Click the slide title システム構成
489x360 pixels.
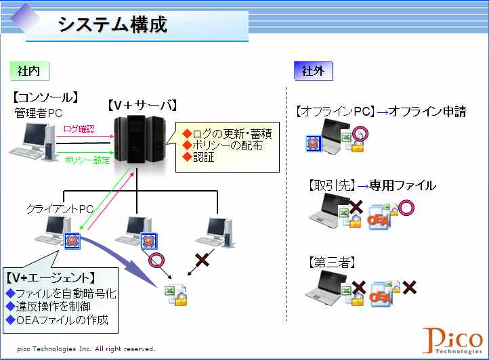112,24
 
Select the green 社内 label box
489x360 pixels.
29,71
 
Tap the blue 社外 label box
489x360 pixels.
314,71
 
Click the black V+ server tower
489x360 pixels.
139,139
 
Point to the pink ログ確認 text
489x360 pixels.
79,129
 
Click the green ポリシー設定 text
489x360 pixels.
87,160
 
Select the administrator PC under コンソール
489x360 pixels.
32,141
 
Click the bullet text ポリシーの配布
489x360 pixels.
227,145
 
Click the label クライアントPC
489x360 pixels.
60,208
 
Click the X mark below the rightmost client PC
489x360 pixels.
202,259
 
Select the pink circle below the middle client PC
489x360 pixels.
156,261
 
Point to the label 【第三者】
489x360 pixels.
332,263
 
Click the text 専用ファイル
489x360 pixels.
402,185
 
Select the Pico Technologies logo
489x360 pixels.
452,340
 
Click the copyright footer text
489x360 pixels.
86,348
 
